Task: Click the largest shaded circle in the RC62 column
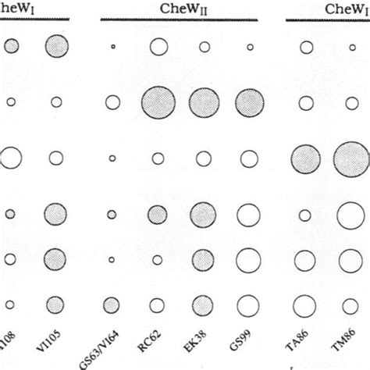point(158,102)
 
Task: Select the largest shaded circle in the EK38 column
point(205,102)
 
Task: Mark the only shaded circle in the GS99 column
point(250,102)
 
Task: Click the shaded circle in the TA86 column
point(306,159)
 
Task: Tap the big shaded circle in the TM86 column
point(351,159)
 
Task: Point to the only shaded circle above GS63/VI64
point(112,214)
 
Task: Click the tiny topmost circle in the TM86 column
point(351,48)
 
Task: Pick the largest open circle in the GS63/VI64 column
point(112,102)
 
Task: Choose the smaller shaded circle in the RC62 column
point(158,213)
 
